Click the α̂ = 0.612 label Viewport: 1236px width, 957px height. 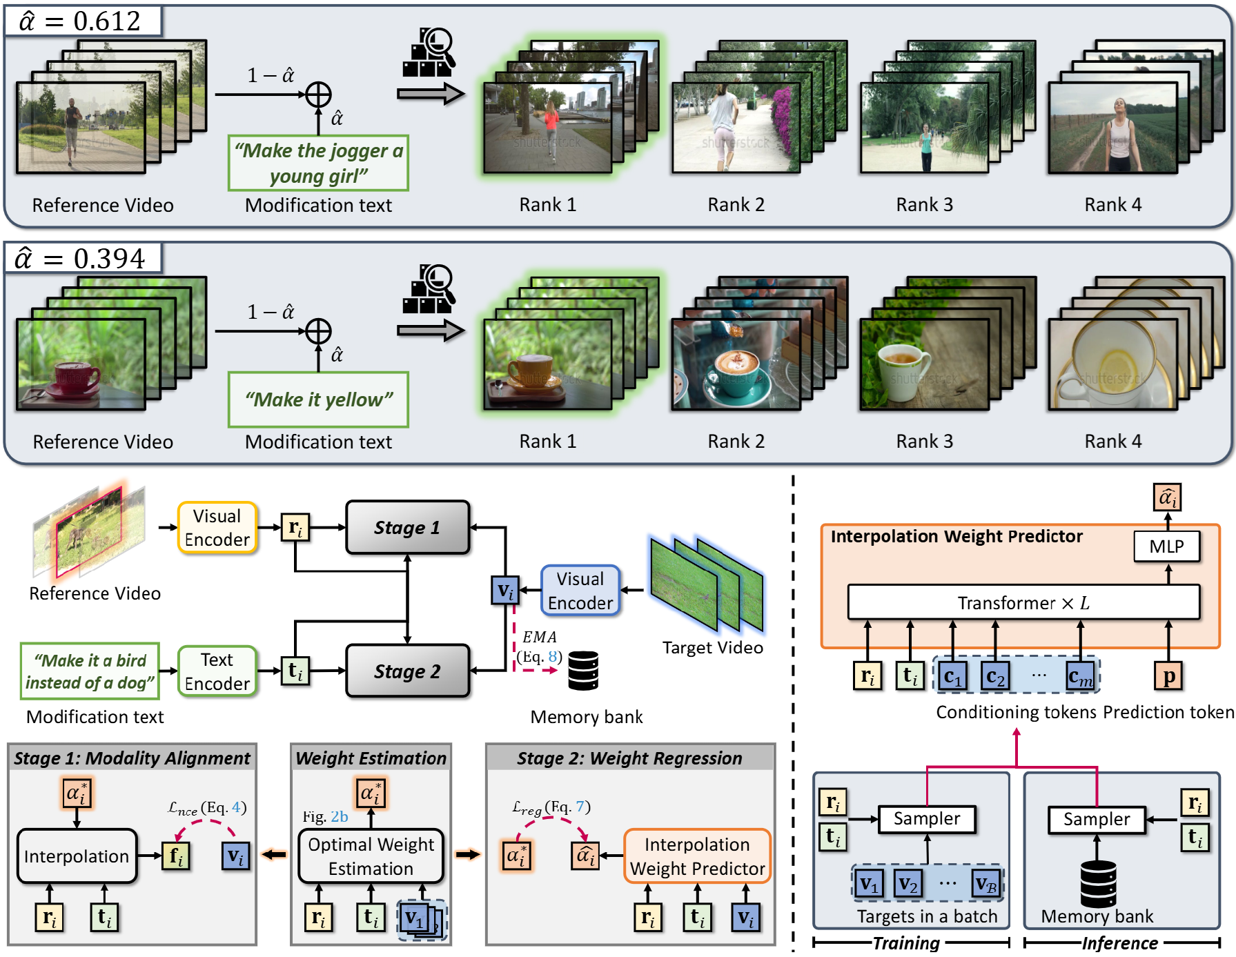click(x=83, y=21)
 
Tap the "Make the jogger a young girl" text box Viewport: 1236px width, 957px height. click(x=318, y=163)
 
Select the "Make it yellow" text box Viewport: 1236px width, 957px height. click(x=318, y=399)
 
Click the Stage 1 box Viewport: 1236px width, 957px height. click(x=407, y=528)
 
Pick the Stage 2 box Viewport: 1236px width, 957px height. click(x=407, y=671)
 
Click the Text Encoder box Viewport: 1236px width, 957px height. click(x=217, y=671)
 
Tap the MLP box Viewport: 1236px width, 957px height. click(x=1166, y=546)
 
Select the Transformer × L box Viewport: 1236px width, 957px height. click(x=1023, y=602)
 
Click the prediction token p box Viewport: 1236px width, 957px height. click(x=1168, y=676)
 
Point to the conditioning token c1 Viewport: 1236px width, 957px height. click(x=952, y=676)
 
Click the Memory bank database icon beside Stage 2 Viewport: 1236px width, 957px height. click(x=583, y=671)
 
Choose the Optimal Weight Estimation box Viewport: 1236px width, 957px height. click(x=371, y=856)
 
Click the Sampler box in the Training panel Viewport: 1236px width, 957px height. click(x=927, y=819)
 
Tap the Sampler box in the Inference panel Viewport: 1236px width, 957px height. click(x=1097, y=820)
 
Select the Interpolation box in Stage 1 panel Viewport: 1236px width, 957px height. click(x=77, y=856)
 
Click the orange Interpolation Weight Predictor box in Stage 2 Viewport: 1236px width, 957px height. click(x=697, y=856)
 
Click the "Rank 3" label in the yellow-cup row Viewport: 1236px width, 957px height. click(x=924, y=441)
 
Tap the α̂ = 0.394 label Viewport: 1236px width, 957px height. click(x=83, y=258)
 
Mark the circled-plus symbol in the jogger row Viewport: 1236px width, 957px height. click(x=318, y=95)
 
